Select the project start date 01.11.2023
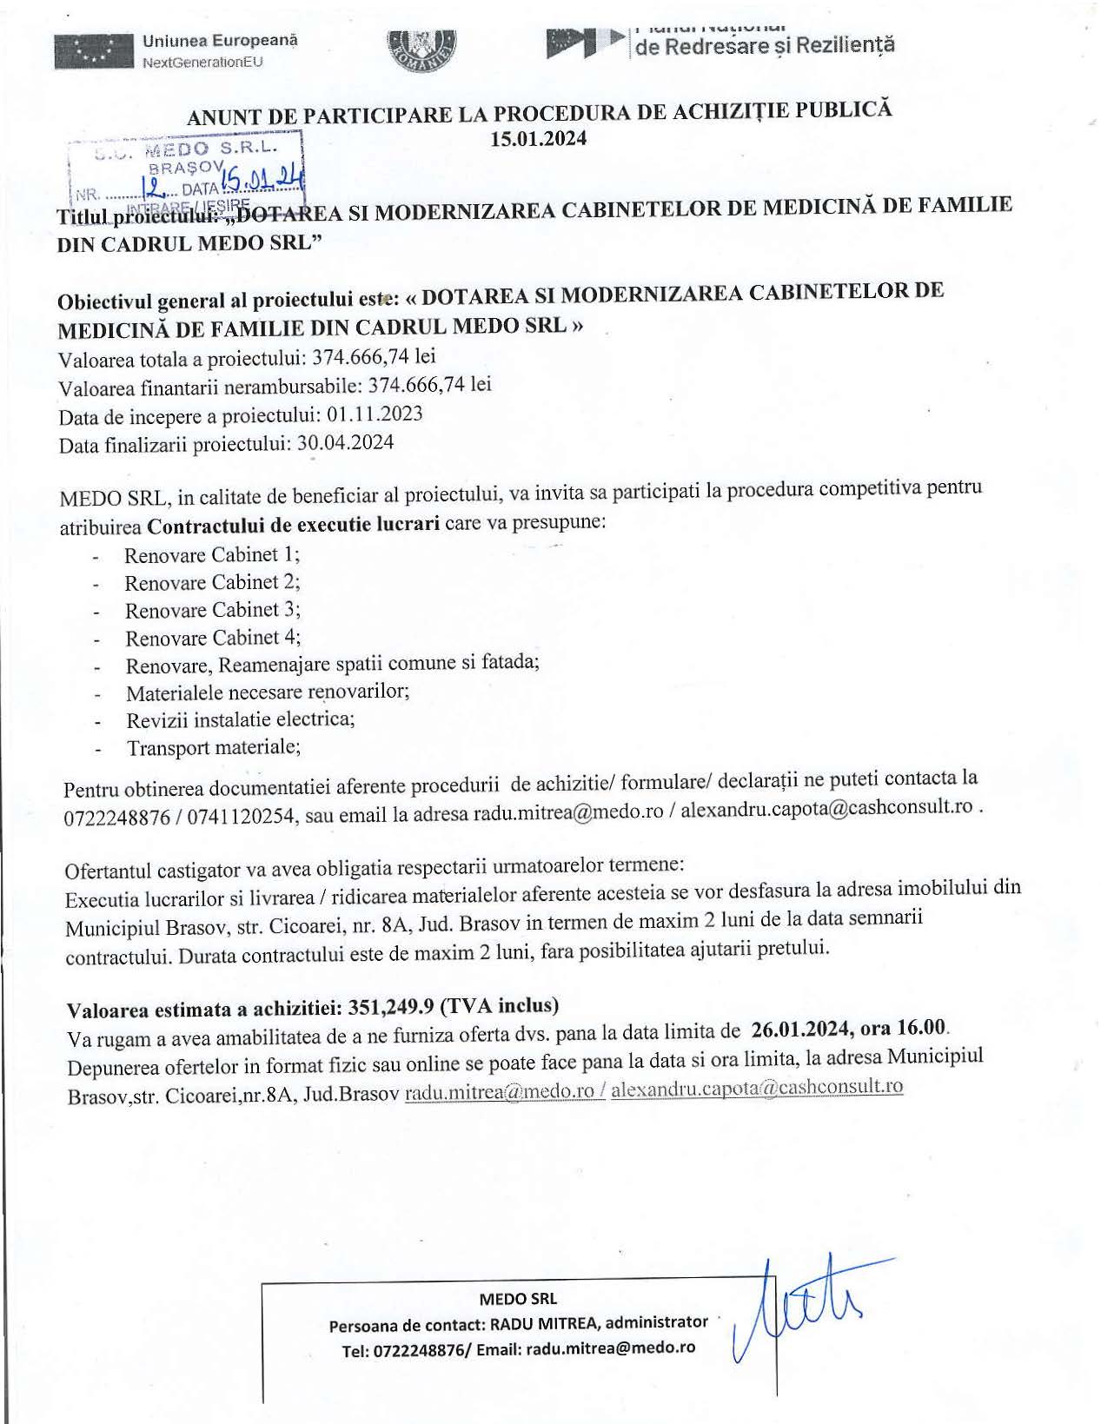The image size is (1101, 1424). click(x=375, y=414)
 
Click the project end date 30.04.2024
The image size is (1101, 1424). click(x=345, y=443)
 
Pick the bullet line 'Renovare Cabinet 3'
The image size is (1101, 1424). click(x=212, y=610)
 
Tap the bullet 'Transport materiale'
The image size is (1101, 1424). click(x=214, y=747)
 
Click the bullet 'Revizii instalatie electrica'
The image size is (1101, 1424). click(x=241, y=720)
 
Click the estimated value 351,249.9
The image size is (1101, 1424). click(x=390, y=1007)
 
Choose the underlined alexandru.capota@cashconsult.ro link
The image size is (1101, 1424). click(x=757, y=1087)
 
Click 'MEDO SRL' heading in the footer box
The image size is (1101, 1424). click(x=518, y=1299)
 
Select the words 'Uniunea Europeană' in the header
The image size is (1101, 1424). click(x=220, y=40)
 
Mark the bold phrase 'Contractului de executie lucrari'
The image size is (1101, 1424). click(x=293, y=525)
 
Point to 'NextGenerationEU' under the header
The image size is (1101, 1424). click(x=202, y=62)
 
